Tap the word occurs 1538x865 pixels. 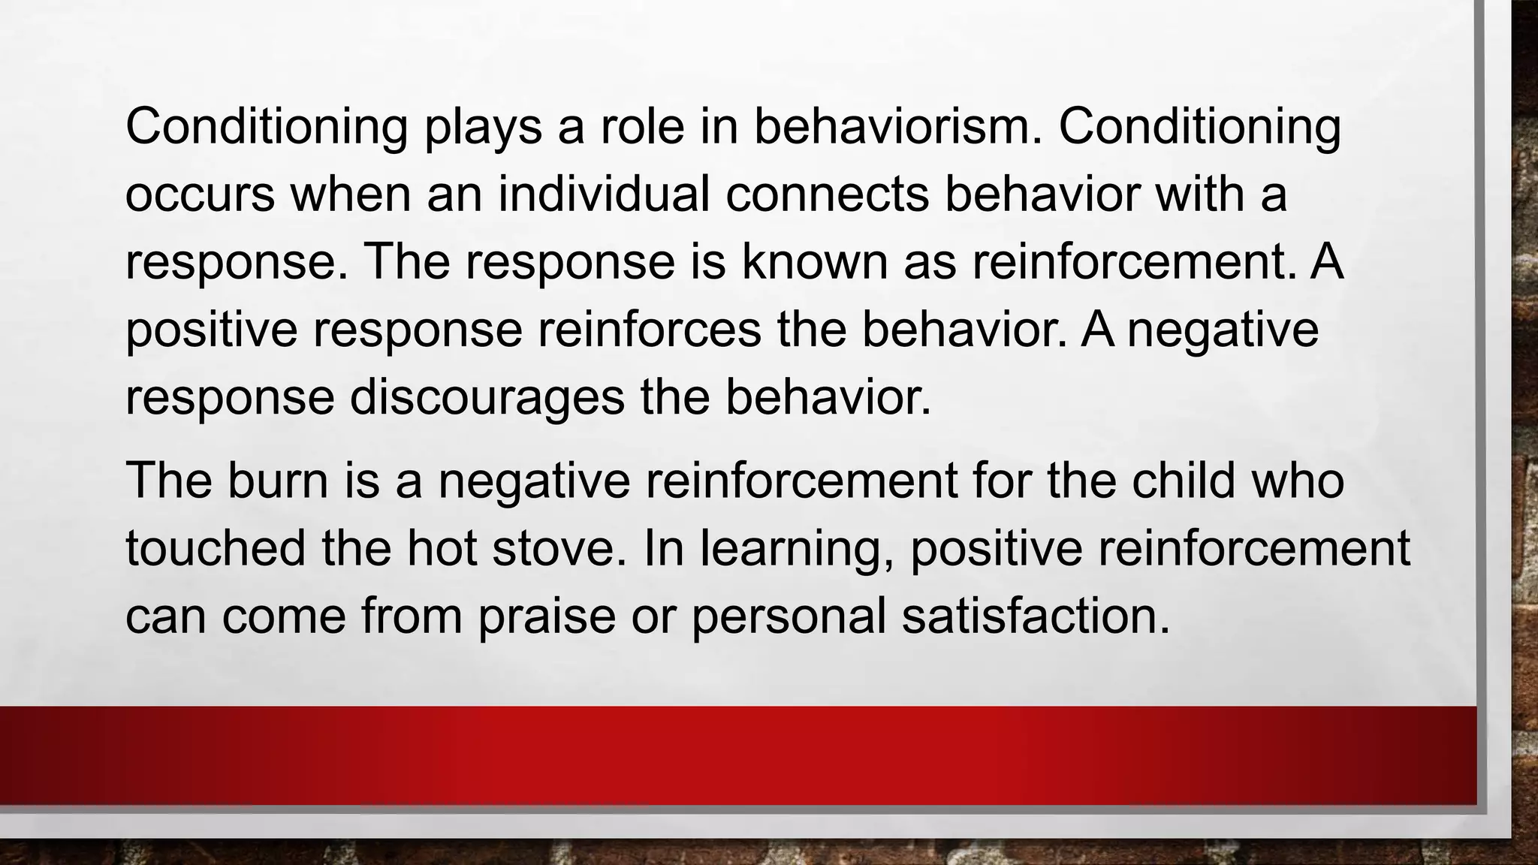(x=200, y=194)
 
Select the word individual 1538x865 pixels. (x=604, y=194)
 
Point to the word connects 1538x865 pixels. (x=827, y=194)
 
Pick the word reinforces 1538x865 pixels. (x=649, y=330)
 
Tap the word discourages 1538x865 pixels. (x=487, y=397)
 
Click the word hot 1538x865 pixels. (x=442, y=547)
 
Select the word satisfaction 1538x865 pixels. (x=1036, y=615)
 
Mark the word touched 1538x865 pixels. (x=216, y=547)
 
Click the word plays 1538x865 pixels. (x=483, y=128)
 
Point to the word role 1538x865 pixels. (x=642, y=127)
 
